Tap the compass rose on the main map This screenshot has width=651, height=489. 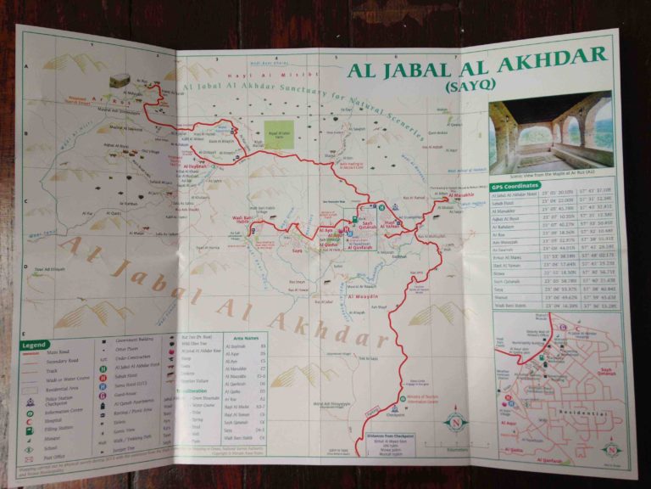(455, 421)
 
